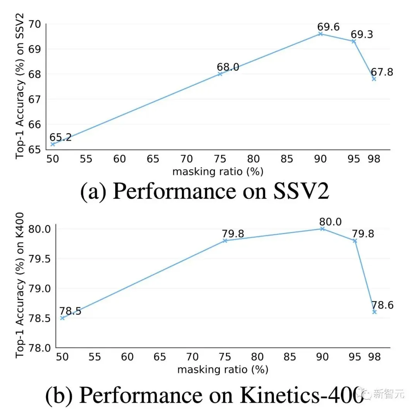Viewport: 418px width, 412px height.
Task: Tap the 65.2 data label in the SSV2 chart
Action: [x=60, y=137]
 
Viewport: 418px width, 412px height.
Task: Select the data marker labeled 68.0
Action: [x=220, y=74]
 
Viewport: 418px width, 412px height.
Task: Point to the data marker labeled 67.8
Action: [x=374, y=79]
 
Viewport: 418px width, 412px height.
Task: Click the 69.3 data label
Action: [x=362, y=34]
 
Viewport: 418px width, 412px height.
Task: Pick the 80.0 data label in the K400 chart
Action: [x=330, y=222]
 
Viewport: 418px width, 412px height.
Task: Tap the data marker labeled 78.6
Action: [x=374, y=311]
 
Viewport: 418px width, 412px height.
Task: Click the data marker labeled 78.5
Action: [x=62, y=318]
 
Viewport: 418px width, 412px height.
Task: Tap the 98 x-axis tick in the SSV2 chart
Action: [x=374, y=159]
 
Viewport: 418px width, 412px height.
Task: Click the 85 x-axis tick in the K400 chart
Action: [x=290, y=357]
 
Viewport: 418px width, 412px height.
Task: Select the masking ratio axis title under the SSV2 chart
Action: [x=218, y=171]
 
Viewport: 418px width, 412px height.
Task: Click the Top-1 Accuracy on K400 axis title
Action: [x=21, y=285]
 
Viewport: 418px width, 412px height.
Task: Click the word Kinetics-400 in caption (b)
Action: [x=302, y=395]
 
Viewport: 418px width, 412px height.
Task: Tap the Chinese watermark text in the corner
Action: [x=388, y=394]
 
